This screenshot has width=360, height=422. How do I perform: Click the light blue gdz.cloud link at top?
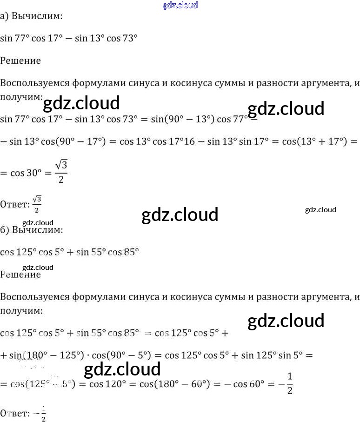click(180, 5)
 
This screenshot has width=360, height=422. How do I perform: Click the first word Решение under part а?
click(20, 60)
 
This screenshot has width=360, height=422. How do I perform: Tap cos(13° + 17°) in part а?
click(315, 142)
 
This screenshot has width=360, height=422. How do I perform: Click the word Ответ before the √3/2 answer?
click(13, 203)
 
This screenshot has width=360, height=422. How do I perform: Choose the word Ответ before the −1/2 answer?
click(13, 413)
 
